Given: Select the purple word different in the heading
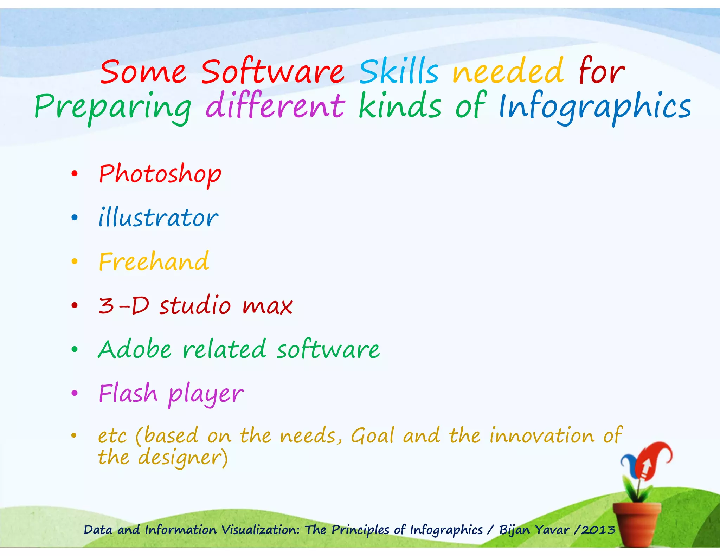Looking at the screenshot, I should [275, 105].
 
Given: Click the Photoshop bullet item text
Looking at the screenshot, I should [160, 174].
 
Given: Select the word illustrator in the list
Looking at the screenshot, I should [158, 218].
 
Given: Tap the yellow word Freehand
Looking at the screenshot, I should [154, 262].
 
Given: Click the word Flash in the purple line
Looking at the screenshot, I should [128, 393].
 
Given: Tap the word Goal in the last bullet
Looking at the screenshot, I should [372, 436].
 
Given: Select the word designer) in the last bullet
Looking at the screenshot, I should [183, 458].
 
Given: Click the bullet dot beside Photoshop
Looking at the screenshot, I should [74, 174].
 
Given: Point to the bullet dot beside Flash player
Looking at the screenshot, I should [74, 393].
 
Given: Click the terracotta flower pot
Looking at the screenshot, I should [636, 524].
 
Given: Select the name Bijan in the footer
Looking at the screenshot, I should [514, 530].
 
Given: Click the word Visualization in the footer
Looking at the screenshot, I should [261, 530].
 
